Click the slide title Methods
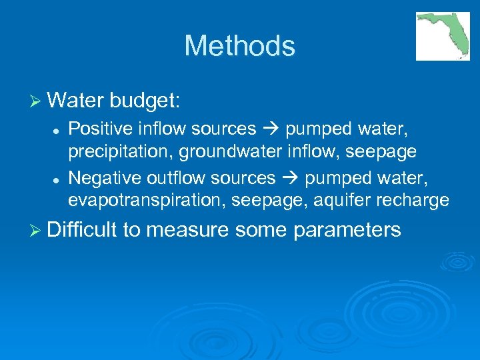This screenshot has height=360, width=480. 239,46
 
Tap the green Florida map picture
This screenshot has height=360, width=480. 443,36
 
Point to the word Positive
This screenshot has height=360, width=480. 95,128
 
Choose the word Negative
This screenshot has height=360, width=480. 98,177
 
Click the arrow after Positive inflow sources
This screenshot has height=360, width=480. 269,129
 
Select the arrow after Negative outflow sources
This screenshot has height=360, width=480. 289,178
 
